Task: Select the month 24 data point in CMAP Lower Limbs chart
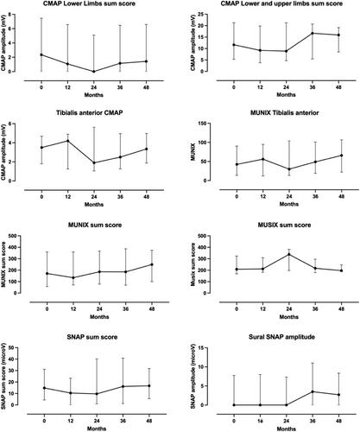pos(94,72)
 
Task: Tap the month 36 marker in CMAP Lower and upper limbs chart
pos(313,33)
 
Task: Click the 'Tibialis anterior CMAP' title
pos(90,113)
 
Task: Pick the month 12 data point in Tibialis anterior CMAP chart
pos(68,141)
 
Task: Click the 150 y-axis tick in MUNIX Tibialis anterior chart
pos(203,124)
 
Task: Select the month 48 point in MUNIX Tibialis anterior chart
pos(342,156)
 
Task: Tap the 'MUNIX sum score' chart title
pos(95,225)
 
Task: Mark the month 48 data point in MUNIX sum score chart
pos(152,264)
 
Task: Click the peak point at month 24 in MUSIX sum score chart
pos(289,254)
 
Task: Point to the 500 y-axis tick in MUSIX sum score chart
pos(203,236)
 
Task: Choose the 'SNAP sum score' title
pos(92,337)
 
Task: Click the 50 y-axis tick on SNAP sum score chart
pos(11,347)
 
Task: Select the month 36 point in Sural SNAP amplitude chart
pos(313,391)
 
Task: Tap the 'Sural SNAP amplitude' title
pos(281,337)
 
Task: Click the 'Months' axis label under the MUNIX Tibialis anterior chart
pos(289,204)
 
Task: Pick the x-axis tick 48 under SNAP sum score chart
pos(149,421)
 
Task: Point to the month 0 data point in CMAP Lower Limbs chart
pos(41,54)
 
